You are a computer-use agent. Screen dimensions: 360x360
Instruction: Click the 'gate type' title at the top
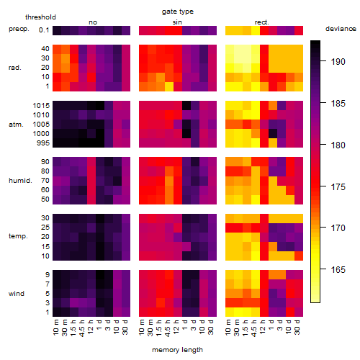(178, 12)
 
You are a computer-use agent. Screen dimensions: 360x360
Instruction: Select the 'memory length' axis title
(178, 350)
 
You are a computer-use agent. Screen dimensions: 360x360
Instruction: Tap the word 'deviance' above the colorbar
(341, 29)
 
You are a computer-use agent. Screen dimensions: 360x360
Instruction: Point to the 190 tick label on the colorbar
(338, 62)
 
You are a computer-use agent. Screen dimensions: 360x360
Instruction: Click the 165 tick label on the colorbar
(338, 270)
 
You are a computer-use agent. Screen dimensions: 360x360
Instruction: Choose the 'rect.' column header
(262, 22)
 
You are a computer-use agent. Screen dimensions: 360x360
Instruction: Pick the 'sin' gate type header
(177, 22)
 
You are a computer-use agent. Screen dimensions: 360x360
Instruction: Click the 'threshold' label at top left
(40, 17)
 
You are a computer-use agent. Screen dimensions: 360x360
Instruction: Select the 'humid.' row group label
(20, 181)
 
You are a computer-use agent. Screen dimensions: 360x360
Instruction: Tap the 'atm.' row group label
(16, 125)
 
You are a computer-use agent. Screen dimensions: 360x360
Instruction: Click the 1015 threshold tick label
(41, 106)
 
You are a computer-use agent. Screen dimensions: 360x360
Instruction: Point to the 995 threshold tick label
(43, 143)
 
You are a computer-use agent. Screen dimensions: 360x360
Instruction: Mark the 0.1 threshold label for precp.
(44, 30)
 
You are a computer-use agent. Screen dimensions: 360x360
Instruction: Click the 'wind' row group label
(17, 294)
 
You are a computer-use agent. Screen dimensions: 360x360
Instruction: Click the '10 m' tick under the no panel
(55, 328)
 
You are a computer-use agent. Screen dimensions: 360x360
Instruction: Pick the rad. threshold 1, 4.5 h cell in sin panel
(169, 86)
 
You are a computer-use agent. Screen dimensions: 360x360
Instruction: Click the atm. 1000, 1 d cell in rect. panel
(273, 134)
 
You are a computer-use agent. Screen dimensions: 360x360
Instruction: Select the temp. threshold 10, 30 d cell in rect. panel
(299, 256)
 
